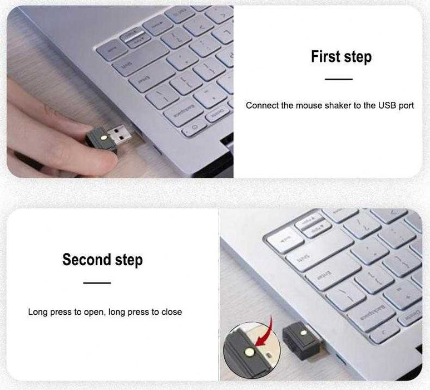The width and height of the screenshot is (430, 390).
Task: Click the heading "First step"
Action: (x=341, y=56)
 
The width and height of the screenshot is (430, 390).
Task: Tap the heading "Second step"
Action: (x=102, y=260)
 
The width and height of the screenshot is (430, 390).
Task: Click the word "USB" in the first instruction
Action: (x=385, y=105)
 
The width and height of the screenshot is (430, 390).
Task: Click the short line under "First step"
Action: (x=339, y=80)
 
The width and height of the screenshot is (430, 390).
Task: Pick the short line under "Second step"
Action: (x=97, y=283)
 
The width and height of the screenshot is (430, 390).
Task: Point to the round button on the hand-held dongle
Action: (x=103, y=136)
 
